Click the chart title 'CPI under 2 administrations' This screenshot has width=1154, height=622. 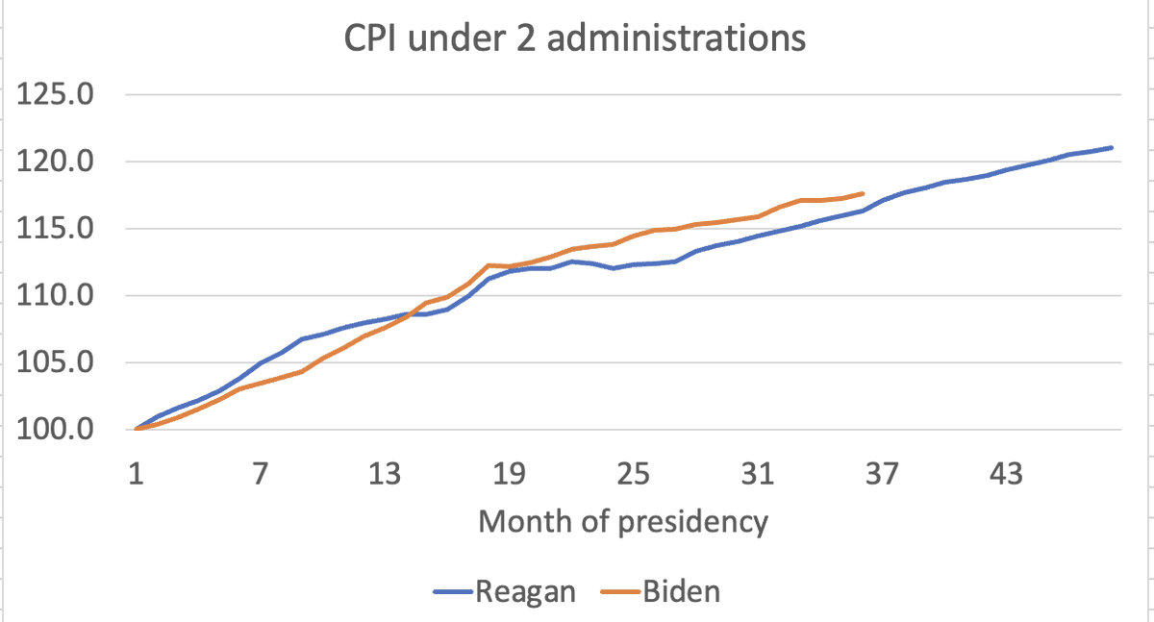tap(575, 39)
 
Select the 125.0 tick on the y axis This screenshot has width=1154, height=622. tap(55, 95)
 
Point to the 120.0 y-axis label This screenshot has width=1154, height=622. tap(55, 162)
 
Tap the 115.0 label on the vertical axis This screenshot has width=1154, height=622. tap(55, 229)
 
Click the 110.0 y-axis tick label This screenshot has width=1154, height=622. tap(55, 296)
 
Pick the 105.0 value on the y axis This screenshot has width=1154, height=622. tap(55, 363)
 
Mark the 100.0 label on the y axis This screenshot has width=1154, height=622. tap(55, 430)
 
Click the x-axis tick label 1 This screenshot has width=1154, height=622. tap(136, 475)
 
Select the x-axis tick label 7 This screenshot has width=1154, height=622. tap(260, 475)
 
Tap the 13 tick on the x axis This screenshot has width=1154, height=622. tap(384, 475)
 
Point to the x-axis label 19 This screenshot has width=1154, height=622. tap(508, 475)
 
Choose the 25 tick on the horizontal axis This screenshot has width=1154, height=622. tap(633, 475)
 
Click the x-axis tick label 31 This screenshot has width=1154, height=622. tap(757, 475)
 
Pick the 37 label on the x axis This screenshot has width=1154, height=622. tap(881, 475)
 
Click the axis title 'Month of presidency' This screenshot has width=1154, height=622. tap(623, 521)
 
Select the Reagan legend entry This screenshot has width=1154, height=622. tap(524, 590)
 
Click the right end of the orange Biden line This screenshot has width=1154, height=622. tap(863, 193)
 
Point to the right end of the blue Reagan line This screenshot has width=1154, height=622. tap(1112, 147)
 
